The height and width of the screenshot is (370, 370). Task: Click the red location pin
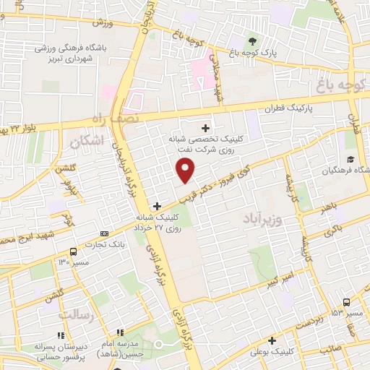pos(186,170)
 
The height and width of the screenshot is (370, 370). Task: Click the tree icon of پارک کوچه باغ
pos(252,41)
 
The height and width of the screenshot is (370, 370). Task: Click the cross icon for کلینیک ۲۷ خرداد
pos(157,206)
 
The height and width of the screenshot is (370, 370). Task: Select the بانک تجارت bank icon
pos(106,233)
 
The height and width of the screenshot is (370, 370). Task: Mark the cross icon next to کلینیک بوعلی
pos(272,340)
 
